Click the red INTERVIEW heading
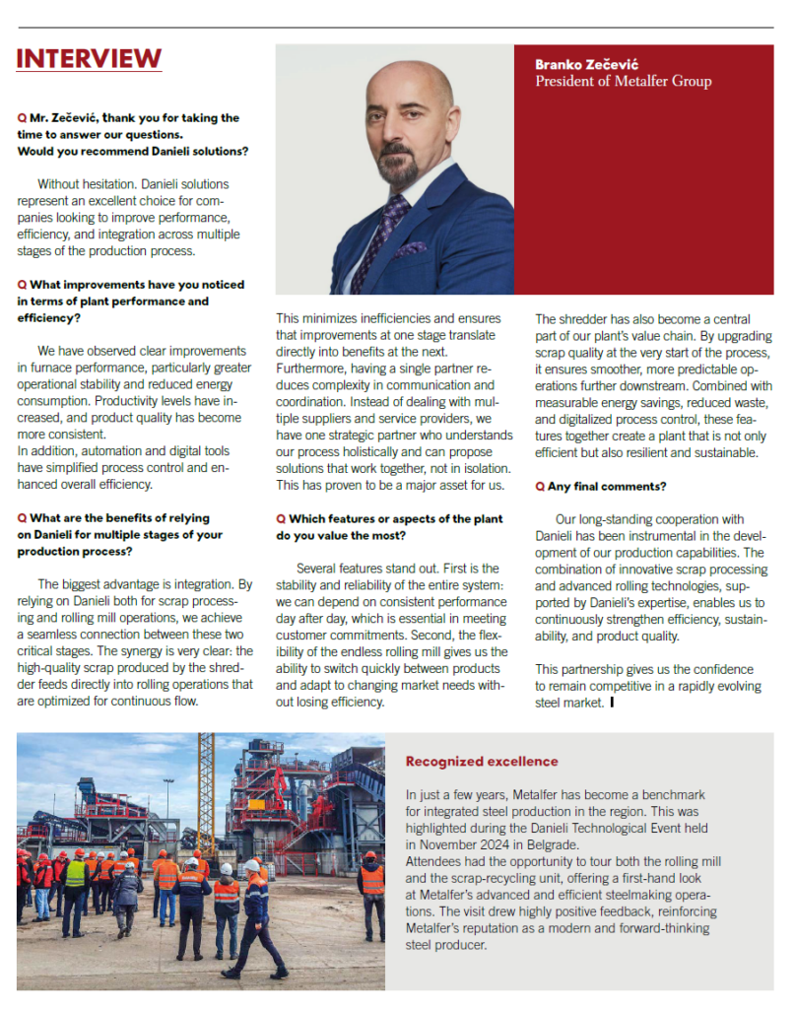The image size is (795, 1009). click(89, 58)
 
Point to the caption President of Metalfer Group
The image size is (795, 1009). click(623, 82)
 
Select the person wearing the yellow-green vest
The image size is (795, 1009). click(75, 882)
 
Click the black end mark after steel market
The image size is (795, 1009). click(612, 703)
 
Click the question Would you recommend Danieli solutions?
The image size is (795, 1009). click(132, 151)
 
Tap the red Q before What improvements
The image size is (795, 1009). click(22, 285)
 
